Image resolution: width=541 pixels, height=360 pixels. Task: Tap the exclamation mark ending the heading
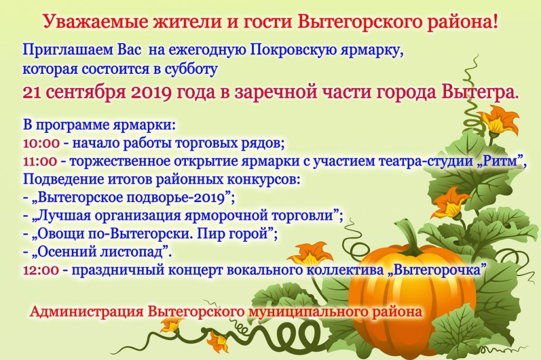pyautogui.click(x=496, y=22)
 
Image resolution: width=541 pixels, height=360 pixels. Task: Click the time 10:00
pyautogui.click(x=41, y=143)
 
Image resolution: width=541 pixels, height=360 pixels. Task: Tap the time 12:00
pyautogui.click(x=41, y=270)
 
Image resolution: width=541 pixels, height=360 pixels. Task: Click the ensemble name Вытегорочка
pyautogui.click(x=437, y=269)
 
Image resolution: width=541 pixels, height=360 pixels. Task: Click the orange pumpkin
pyautogui.click(x=412, y=297)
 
